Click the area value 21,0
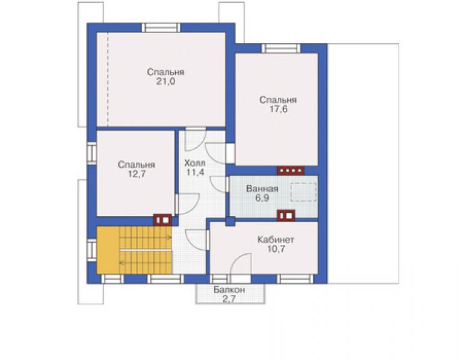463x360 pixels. point(165,81)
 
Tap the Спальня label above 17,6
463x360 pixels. point(278,100)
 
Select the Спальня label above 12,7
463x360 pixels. point(136,165)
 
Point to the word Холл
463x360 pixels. point(195,163)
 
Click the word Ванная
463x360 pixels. point(262,188)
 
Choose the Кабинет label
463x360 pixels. point(276,239)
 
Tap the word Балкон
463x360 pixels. point(230,290)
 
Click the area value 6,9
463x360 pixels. point(262,198)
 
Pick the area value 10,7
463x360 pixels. point(276,249)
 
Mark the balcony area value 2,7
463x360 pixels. point(229,299)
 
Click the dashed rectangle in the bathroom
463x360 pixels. point(303,192)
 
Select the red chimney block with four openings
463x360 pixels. point(290,170)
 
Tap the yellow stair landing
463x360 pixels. point(108,250)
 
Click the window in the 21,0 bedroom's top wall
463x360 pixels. point(161,28)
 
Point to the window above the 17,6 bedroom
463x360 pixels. point(281,48)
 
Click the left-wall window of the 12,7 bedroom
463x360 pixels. point(92,153)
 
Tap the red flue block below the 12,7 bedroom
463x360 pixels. point(163,220)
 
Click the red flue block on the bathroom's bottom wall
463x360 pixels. point(286,215)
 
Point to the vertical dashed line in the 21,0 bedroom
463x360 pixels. point(108,80)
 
